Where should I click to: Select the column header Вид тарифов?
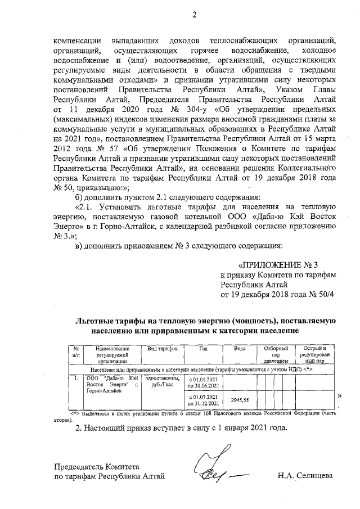(162, 349)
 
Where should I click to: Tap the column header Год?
(204, 349)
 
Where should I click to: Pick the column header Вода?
(240, 349)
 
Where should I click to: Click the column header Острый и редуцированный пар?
(315, 354)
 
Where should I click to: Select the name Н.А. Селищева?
(305, 476)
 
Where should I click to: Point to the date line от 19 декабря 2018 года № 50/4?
(277, 294)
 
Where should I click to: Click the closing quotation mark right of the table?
(339, 395)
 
